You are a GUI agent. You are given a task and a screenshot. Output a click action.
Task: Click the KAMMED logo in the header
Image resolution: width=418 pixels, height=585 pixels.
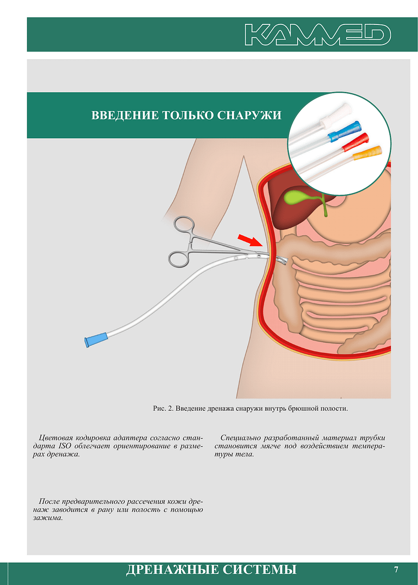318,35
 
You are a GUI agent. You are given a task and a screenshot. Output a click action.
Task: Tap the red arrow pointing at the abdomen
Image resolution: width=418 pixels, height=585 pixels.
250,240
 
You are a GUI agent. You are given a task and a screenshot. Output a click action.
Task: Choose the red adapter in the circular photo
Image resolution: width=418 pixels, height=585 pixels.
356,142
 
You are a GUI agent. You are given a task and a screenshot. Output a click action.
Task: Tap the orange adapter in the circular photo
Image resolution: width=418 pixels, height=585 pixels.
367,153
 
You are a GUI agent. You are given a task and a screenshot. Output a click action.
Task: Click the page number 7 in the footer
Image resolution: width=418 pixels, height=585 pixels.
396,569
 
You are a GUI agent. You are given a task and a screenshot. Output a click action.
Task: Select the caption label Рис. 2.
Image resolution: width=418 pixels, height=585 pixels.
163,409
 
